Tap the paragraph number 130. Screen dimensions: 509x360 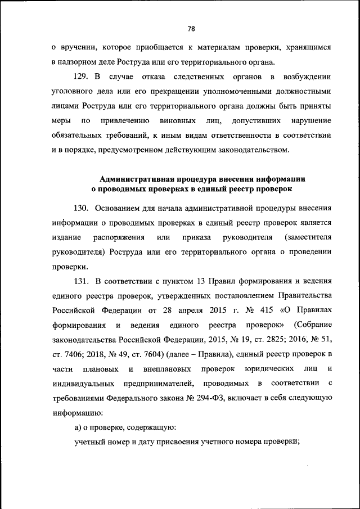click(83, 207)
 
